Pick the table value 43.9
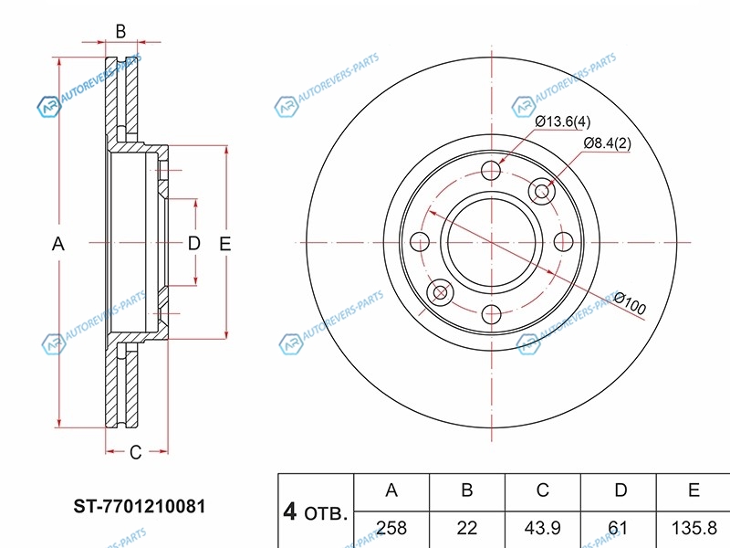(x=542, y=527)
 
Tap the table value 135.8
(x=693, y=527)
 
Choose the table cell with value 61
(x=620, y=527)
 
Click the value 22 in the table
(x=466, y=527)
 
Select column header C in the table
(x=542, y=490)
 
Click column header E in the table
(x=693, y=490)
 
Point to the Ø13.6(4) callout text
(x=562, y=121)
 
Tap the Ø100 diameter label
(x=630, y=303)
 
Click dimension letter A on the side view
(x=58, y=244)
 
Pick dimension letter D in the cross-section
(x=193, y=244)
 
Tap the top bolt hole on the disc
(x=492, y=170)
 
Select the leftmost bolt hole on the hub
(x=421, y=242)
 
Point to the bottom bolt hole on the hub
(x=492, y=314)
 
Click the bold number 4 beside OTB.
(x=290, y=512)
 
